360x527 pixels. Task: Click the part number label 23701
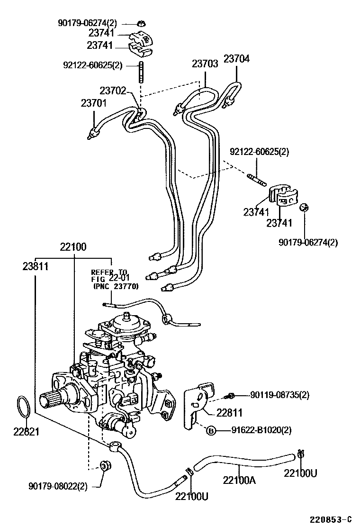pos(93,103)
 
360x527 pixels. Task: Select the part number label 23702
pos(113,90)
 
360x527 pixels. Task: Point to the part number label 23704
pos(236,59)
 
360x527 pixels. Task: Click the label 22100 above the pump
pos(73,246)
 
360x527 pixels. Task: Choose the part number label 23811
pos(36,266)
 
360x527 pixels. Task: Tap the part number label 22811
pos(229,413)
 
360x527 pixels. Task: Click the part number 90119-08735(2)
pos(279,394)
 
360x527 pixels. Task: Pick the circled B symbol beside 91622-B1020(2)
pos(211,430)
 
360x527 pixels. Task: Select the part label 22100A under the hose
pos(239,480)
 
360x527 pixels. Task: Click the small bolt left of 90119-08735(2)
pos(232,395)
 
